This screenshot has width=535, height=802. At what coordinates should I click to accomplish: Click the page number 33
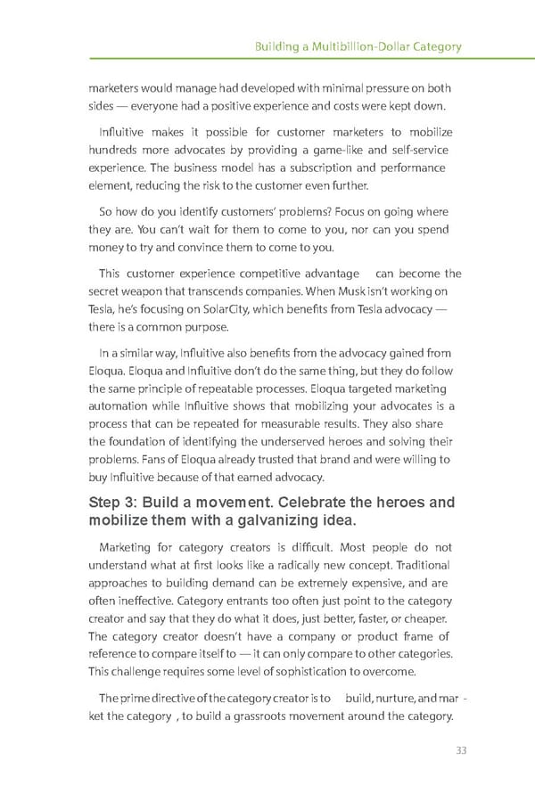point(461,750)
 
